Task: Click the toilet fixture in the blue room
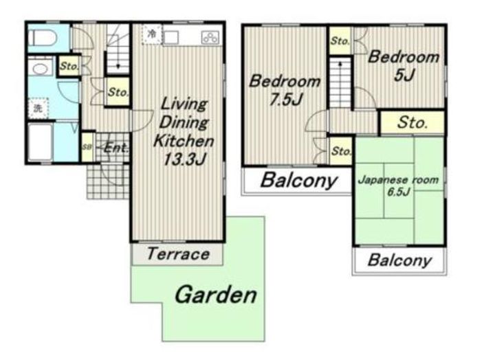(43, 38)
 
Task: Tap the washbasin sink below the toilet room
(40, 69)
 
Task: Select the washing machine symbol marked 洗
(38, 109)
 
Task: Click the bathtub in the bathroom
(41, 142)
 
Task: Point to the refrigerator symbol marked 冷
(152, 34)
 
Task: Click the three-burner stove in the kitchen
(210, 38)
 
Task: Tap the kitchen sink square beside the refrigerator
(171, 38)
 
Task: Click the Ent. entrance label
(116, 148)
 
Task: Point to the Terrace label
(178, 254)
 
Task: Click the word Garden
(216, 295)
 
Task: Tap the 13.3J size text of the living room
(184, 159)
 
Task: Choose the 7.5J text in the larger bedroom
(286, 100)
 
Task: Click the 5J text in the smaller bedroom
(404, 75)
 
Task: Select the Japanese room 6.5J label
(398, 185)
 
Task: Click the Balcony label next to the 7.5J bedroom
(298, 181)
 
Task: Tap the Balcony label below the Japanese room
(399, 260)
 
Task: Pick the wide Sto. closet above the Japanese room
(412, 122)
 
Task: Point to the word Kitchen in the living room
(184, 141)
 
